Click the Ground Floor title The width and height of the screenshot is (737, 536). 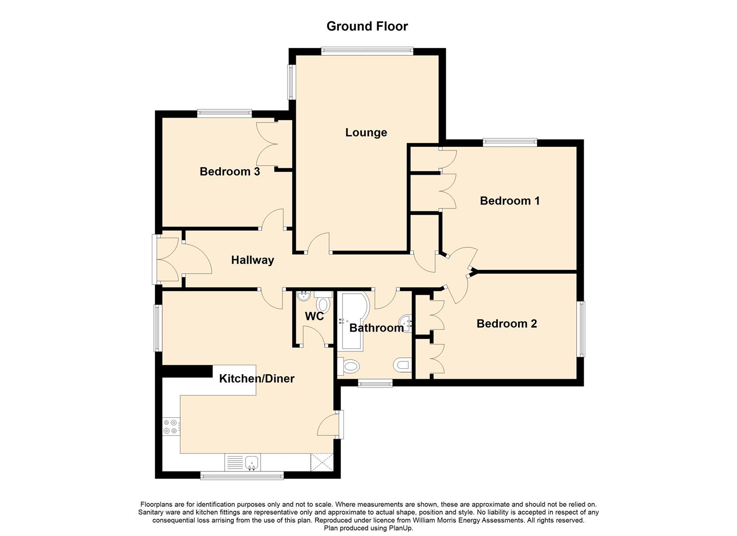[367, 26]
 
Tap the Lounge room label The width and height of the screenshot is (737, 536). [366, 133]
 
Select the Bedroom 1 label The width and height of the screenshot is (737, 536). [510, 201]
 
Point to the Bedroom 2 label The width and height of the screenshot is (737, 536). [507, 324]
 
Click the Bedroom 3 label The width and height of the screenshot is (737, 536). [230, 171]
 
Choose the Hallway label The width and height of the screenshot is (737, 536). [252, 260]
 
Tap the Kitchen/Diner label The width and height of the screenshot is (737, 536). [257, 379]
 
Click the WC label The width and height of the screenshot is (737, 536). [314, 317]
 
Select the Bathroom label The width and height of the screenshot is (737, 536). [376, 328]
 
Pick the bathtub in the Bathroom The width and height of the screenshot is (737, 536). [355, 321]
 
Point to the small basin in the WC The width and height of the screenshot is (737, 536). [303, 296]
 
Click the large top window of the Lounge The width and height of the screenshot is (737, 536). [367, 51]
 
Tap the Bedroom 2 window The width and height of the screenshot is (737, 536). [582, 329]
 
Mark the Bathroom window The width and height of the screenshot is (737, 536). [375, 383]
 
